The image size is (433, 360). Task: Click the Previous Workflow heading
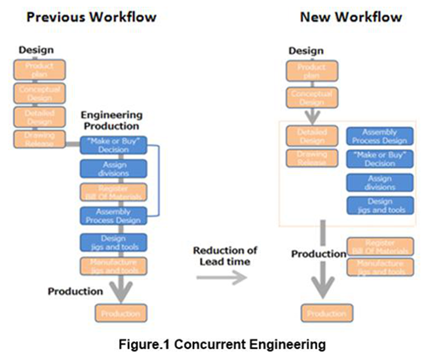pyautogui.click(x=92, y=17)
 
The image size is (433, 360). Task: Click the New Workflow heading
pyautogui.click(x=351, y=17)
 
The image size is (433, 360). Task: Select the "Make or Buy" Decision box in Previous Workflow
pyautogui.click(x=113, y=146)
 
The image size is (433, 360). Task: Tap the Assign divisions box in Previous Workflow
pyautogui.click(x=113, y=169)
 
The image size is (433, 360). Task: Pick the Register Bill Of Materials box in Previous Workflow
pyautogui.click(x=113, y=192)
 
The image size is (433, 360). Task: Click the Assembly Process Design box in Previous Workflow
pyautogui.click(x=113, y=216)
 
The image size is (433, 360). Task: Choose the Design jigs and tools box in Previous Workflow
pyautogui.click(x=113, y=243)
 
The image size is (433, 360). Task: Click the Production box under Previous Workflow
pyautogui.click(x=121, y=313)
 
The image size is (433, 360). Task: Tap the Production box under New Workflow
pyautogui.click(x=327, y=313)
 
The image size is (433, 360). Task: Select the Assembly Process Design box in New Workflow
pyautogui.click(x=380, y=136)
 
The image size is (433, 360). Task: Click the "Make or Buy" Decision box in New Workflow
pyautogui.click(x=380, y=160)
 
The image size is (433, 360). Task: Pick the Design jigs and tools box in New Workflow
pyautogui.click(x=380, y=205)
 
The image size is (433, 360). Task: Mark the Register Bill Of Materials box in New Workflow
pyautogui.click(x=380, y=247)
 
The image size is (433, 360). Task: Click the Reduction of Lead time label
pyautogui.click(x=226, y=256)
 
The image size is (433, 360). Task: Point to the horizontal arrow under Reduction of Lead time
pyautogui.click(x=221, y=276)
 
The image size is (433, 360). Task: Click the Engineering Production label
pyautogui.click(x=111, y=120)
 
